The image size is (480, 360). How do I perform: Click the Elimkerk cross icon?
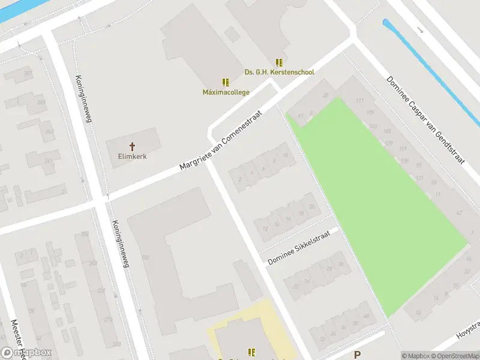click(133, 146)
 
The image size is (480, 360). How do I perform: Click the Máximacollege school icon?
click(226, 82)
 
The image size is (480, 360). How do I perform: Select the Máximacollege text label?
click(226, 92)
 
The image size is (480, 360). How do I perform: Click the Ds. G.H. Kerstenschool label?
click(279, 72)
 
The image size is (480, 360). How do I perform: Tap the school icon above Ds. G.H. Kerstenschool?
click(279, 62)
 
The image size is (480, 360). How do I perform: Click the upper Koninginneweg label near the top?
click(83, 99)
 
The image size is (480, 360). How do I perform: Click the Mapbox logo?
click(26, 353)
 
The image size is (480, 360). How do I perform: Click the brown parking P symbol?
click(358, 355)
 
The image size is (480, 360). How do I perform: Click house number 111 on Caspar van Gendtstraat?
click(360, 100)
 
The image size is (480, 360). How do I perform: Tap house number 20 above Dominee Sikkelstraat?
click(311, 207)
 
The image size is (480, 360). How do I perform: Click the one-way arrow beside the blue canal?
click(420, 29)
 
